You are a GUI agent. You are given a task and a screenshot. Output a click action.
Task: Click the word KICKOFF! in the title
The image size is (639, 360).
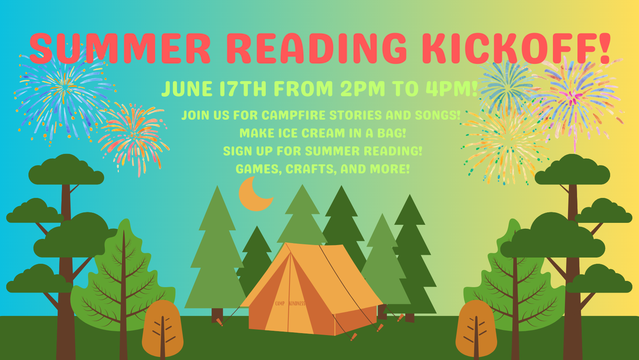(516, 48)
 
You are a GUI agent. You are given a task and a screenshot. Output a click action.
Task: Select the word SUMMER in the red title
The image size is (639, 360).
(120, 48)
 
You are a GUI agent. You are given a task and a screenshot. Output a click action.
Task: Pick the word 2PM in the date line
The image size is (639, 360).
(363, 89)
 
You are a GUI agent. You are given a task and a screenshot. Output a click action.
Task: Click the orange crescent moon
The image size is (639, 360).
(255, 194)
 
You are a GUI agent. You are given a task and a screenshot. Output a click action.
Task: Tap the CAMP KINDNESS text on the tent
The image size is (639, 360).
(290, 304)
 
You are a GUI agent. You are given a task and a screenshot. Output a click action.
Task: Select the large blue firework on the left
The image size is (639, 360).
(64, 94)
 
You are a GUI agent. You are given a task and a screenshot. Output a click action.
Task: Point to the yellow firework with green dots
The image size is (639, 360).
(505, 145)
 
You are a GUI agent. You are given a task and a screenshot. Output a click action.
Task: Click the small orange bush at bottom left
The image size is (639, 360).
(162, 328)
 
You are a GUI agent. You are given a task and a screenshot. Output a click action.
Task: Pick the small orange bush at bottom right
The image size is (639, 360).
(476, 328)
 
